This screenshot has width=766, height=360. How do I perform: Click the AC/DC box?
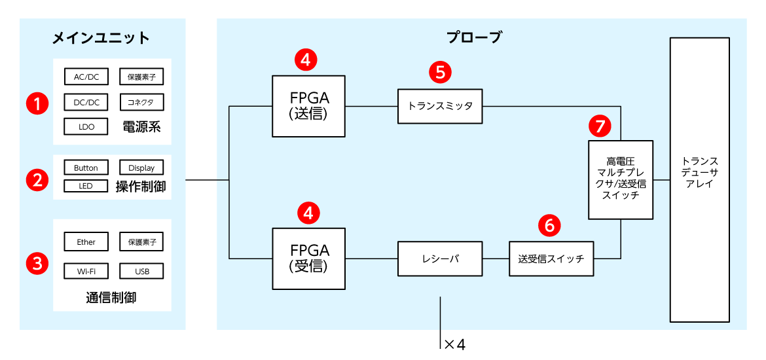point(86,77)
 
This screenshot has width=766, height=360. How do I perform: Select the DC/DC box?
point(86,102)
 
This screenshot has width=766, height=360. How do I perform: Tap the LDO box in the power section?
point(86,126)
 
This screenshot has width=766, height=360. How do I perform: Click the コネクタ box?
point(141,102)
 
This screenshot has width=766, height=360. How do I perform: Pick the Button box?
point(86,168)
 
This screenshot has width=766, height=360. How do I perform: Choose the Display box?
point(141,168)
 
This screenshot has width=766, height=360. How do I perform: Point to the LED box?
point(86,186)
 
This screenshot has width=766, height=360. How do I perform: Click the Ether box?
point(86,242)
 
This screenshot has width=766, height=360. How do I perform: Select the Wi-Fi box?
point(86,270)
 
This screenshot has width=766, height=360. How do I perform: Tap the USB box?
point(141,270)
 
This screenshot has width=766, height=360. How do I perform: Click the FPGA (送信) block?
point(309,105)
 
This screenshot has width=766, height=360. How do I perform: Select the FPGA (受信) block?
point(309,258)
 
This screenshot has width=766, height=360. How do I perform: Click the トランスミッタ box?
point(440,106)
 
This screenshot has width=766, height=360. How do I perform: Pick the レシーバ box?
point(440,259)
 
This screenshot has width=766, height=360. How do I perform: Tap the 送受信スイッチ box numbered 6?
point(551,259)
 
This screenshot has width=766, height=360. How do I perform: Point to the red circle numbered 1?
point(37,103)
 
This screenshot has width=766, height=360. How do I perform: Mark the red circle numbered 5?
point(440,72)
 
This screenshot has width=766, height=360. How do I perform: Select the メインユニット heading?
point(101,37)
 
